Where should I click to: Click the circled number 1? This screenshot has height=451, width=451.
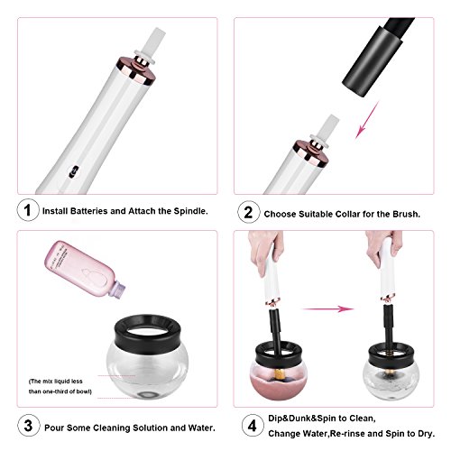point(28,210)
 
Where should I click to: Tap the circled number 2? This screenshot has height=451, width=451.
point(248,212)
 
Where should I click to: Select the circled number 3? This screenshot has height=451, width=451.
point(28,425)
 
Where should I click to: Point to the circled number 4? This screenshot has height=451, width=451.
point(253,425)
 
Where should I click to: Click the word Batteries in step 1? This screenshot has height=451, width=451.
point(88,211)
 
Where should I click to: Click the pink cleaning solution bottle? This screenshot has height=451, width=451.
point(85,268)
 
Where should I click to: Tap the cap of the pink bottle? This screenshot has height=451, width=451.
point(119,289)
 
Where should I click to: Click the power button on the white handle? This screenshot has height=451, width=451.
point(74,171)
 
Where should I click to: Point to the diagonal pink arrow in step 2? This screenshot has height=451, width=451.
point(367,120)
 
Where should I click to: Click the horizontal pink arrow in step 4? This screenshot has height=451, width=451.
point(327,308)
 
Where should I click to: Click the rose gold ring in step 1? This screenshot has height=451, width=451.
point(136,71)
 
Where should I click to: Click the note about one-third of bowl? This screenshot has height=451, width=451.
point(60,386)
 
